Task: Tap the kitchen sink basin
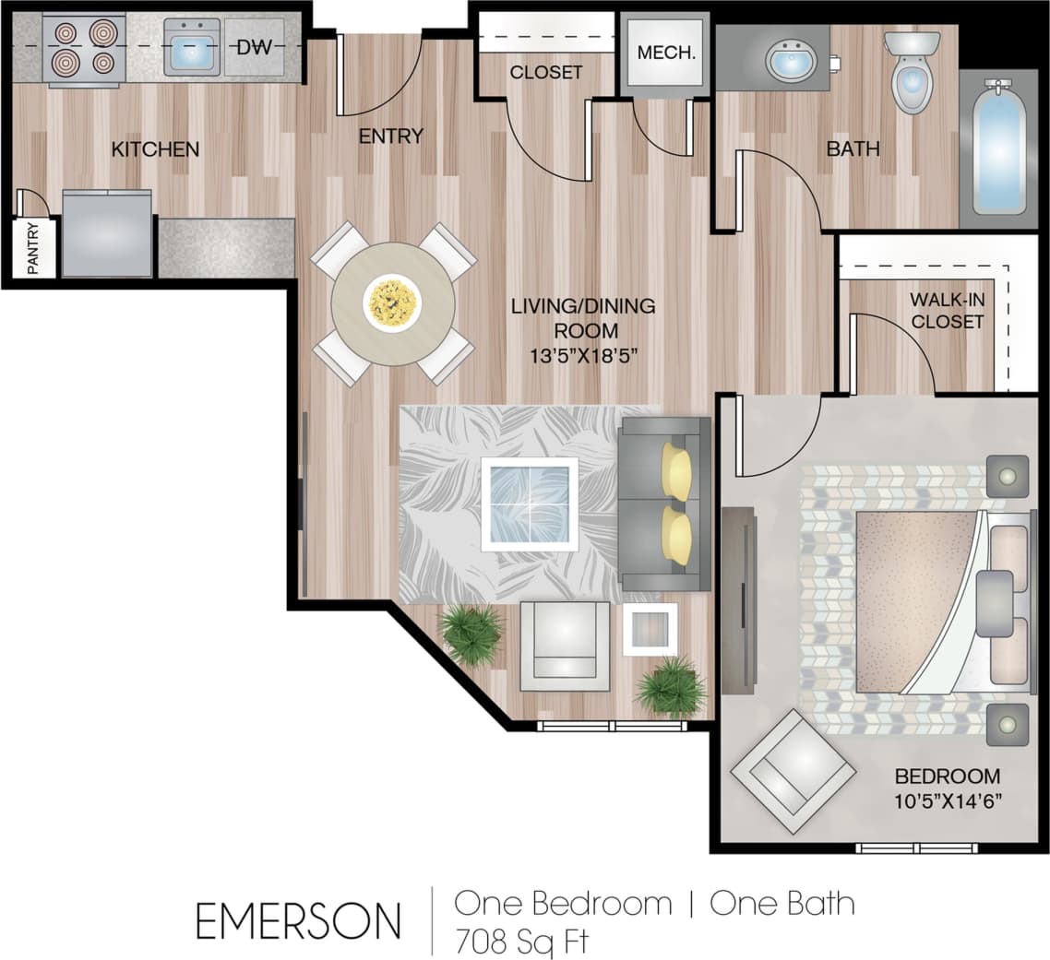[x=192, y=47]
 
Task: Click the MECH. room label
[x=665, y=52]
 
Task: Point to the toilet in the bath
[x=912, y=74]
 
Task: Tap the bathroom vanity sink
[x=791, y=61]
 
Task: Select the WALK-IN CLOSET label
[x=946, y=311]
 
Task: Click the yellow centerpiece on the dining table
[x=392, y=302]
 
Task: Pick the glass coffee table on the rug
[x=530, y=504]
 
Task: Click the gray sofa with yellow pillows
[x=664, y=504]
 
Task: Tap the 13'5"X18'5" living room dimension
[x=583, y=353]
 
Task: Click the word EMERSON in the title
[x=298, y=920]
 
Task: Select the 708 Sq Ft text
[x=520, y=941]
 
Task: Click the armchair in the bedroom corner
[x=793, y=771]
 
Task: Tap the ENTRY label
[x=390, y=136]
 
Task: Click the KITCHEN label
[x=155, y=148]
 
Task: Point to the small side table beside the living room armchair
[x=650, y=630]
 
